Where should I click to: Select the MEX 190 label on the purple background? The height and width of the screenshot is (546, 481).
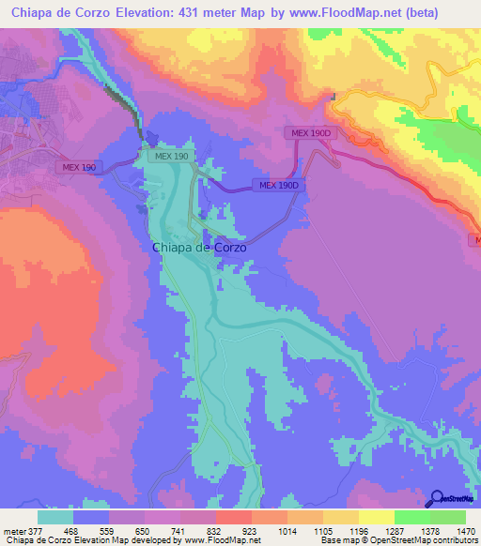[80, 167]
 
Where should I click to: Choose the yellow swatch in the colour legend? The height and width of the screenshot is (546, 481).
[376, 517]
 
